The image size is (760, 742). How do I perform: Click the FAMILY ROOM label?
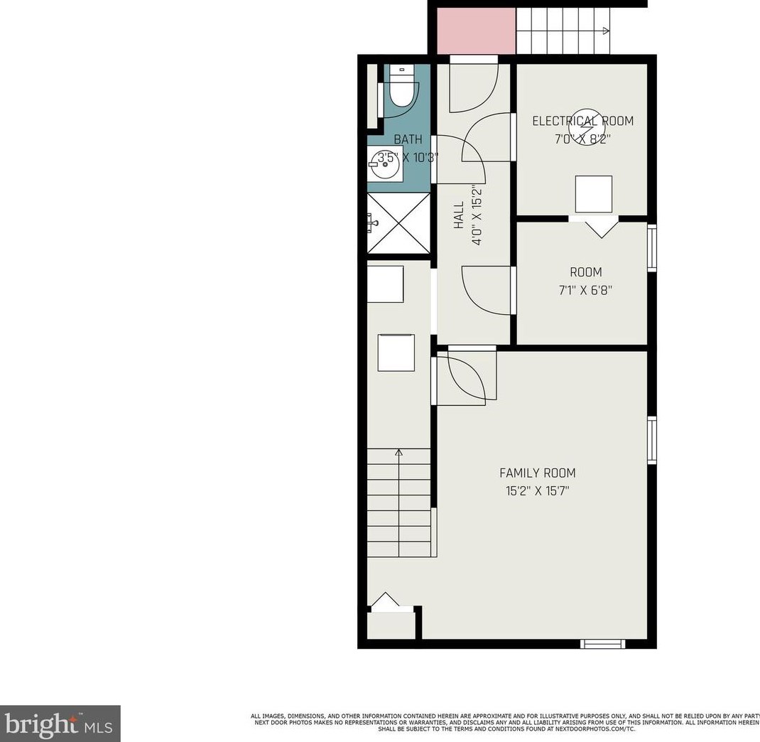pyautogui.click(x=537, y=473)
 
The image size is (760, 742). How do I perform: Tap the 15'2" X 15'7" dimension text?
pyautogui.click(x=537, y=490)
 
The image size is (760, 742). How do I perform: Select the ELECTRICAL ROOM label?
pyautogui.click(x=582, y=121)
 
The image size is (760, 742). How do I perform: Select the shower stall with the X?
pyautogui.click(x=398, y=223)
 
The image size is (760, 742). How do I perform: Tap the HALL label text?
pyautogui.click(x=459, y=215)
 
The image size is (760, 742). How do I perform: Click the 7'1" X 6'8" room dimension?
pyautogui.click(x=585, y=290)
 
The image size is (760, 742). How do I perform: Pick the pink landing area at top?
pyautogui.click(x=475, y=31)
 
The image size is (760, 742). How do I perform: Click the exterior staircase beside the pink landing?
pyautogui.click(x=563, y=31)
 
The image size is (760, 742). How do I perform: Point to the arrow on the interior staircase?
pyautogui.click(x=398, y=452)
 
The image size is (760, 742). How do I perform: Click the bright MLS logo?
pyautogui.click(x=60, y=724)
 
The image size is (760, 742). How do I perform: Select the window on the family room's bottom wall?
pyautogui.click(x=602, y=644)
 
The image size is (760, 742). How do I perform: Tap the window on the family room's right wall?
pyautogui.click(x=651, y=441)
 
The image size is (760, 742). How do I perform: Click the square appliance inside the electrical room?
pyautogui.click(x=593, y=194)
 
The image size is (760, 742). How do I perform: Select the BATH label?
pyautogui.click(x=408, y=139)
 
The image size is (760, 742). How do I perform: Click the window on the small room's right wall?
pyautogui.click(x=651, y=247)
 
